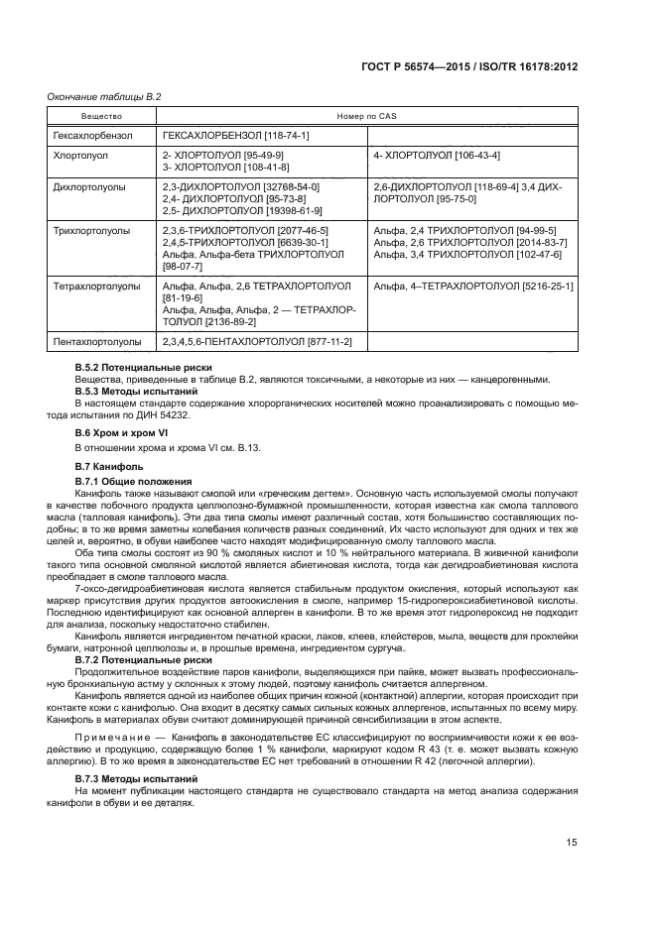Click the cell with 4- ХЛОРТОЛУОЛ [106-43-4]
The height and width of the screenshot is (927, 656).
click(437, 156)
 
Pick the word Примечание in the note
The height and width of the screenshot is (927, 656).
click(112, 740)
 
